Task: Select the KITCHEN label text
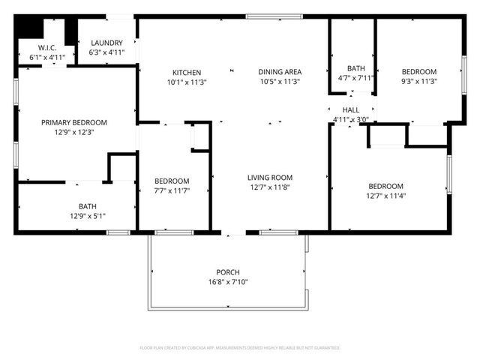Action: click(x=185, y=73)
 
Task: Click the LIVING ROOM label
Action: click(x=270, y=178)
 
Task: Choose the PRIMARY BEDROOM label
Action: click(x=73, y=122)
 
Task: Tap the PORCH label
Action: click(x=227, y=272)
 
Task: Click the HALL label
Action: click(x=351, y=109)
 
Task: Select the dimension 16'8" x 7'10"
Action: click(x=227, y=282)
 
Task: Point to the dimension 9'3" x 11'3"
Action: click(x=418, y=82)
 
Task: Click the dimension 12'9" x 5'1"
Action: click(x=87, y=216)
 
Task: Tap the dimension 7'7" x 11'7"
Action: click(x=172, y=191)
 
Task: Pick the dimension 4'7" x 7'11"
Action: click(x=355, y=78)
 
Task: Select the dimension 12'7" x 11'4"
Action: click(x=385, y=196)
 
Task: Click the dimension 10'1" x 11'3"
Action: click(x=185, y=82)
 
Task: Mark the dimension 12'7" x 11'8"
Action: click(x=270, y=187)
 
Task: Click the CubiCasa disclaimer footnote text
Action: click(x=240, y=348)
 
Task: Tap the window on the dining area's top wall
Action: click(x=269, y=16)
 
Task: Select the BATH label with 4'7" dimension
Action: click(x=355, y=68)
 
